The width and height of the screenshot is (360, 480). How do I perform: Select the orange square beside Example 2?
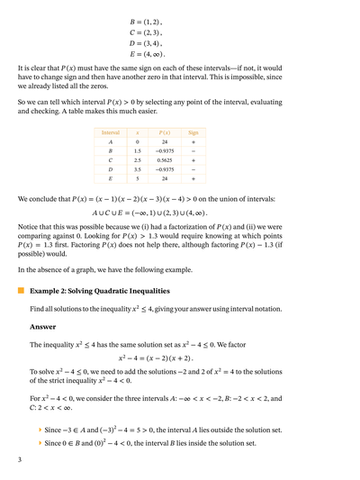[21, 291]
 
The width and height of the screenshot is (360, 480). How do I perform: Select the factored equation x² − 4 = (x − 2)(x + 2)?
[179, 358]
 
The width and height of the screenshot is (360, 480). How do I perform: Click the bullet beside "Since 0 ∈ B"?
[40, 443]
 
